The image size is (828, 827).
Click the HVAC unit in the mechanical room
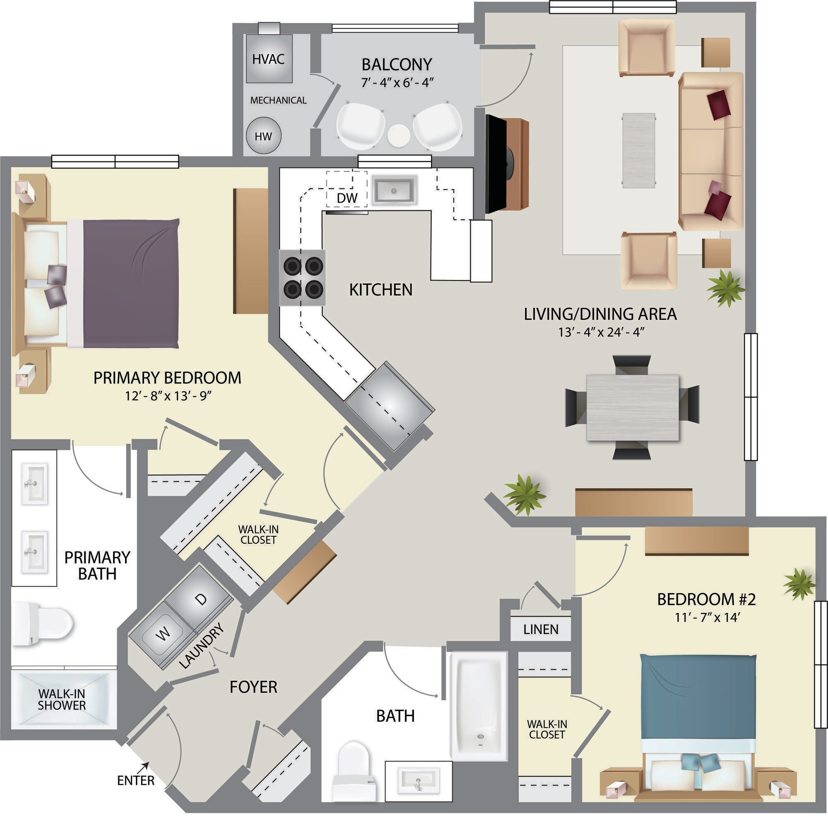pyautogui.click(x=269, y=58)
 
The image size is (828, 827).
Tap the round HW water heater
pyautogui.click(x=264, y=135)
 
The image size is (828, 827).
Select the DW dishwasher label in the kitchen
pyautogui.click(x=347, y=198)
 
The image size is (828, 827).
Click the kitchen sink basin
pyautogui.click(x=394, y=190)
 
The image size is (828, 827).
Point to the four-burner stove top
pyautogui.click(x=303, y=277)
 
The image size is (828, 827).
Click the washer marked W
pyautogui.click(x=162, y=633)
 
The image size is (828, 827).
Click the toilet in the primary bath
pyautogui.click(x=41, y=624)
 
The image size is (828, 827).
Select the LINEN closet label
pyautogui.click(x=540, y=629)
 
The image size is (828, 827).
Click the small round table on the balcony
pyautogui.click(x=398, y=136)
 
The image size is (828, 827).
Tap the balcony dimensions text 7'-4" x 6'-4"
pyautogui.click(x=397, y=82)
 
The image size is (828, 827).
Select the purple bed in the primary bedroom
pyautogui.click(x=131, y=283)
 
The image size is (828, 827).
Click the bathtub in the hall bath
pyautogui.click(x=479, y=706)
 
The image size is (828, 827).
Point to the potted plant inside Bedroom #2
pyautogui.click(x=799, y=583)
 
